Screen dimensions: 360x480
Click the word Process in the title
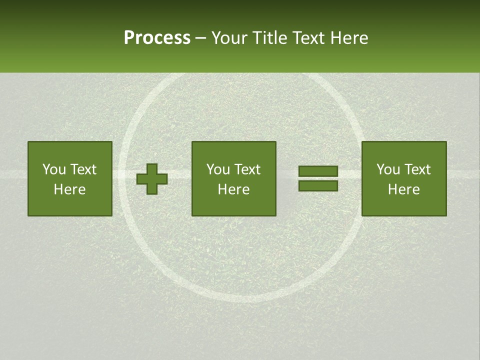(157, 38)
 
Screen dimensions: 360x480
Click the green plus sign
(152, 179)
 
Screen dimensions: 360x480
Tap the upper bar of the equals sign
(318, 171)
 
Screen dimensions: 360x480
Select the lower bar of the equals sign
(318, 186)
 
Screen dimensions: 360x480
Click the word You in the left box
(53, 169)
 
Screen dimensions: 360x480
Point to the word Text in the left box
(83, 169)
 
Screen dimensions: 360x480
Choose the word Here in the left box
(69, 189)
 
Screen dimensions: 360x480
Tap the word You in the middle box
(218, 169)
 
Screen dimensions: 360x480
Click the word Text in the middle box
(247, 169)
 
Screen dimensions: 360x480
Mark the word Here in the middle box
(233, 189)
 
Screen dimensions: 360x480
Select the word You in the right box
(388, 169)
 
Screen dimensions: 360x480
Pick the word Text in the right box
(417, 169)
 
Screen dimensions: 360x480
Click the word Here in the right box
(403, 189)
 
